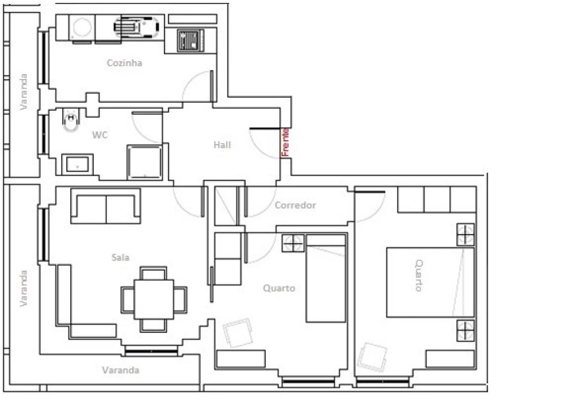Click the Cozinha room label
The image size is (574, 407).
124,63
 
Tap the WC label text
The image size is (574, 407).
100,135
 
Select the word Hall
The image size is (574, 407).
222,145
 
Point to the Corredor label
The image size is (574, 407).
295,205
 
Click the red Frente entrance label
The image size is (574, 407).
285,142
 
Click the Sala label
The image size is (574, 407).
120,257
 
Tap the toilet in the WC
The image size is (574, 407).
71,120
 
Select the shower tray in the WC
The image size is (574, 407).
145,162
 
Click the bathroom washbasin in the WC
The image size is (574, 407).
77,164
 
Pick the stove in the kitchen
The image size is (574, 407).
191,40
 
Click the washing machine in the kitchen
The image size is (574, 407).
81,28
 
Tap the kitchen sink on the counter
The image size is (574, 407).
137,27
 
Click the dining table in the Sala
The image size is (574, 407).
154,300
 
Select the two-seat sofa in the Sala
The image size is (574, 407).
106,206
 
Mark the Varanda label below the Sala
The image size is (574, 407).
121,370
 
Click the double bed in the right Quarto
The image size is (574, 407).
431,282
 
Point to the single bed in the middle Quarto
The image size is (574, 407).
326,279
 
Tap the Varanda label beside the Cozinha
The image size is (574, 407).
24,92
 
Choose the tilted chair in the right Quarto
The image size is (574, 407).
372,357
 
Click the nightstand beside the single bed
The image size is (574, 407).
293,243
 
